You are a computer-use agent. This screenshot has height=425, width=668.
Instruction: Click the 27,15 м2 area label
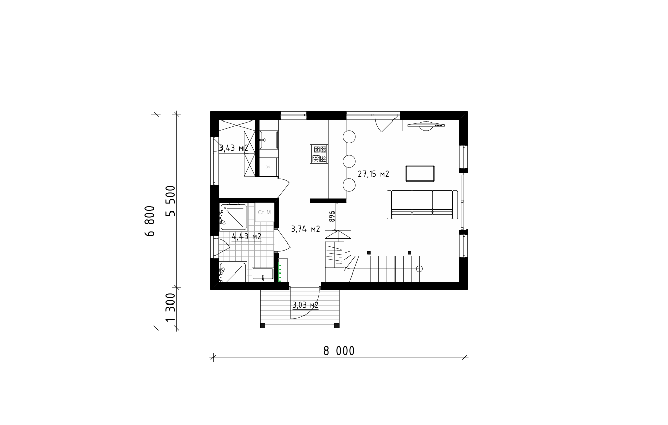(x=374, y=174)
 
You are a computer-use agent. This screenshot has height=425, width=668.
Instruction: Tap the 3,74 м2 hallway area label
(x=306, y=229)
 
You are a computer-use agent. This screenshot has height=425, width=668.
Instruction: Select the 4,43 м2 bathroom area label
(x=247, y=237)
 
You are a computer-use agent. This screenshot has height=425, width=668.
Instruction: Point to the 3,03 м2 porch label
(x=306, y=305)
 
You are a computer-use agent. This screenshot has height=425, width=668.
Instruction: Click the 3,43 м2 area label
(x=233, y=148)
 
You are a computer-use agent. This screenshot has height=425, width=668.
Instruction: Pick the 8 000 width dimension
(x=339, y=351)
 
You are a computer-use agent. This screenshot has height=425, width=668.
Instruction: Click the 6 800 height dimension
(x=150, y=221)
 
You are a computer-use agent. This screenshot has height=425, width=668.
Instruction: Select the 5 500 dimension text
(x=171, y=201)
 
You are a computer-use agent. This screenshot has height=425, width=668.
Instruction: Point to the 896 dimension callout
(x=332, y=216)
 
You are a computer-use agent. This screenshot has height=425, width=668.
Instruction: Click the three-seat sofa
(x=422, y=204)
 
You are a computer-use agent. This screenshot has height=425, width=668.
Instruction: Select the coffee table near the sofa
(x=420, y=173)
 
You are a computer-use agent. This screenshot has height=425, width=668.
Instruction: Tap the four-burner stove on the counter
(x=319, y=154)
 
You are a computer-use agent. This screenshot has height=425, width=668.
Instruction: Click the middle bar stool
(x=349, y=161)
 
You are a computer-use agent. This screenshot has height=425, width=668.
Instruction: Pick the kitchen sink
(x=268, y=140)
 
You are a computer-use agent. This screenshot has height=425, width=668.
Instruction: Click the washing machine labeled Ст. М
(x=264, y=212)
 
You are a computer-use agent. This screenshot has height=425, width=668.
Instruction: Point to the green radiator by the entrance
(x=280, y=271)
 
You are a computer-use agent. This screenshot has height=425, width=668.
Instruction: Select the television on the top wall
(x=426, y=125)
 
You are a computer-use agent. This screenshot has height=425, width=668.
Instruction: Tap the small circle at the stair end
(x=419, y=269)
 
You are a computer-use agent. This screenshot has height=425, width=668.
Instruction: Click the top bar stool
(x=349, y=137)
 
